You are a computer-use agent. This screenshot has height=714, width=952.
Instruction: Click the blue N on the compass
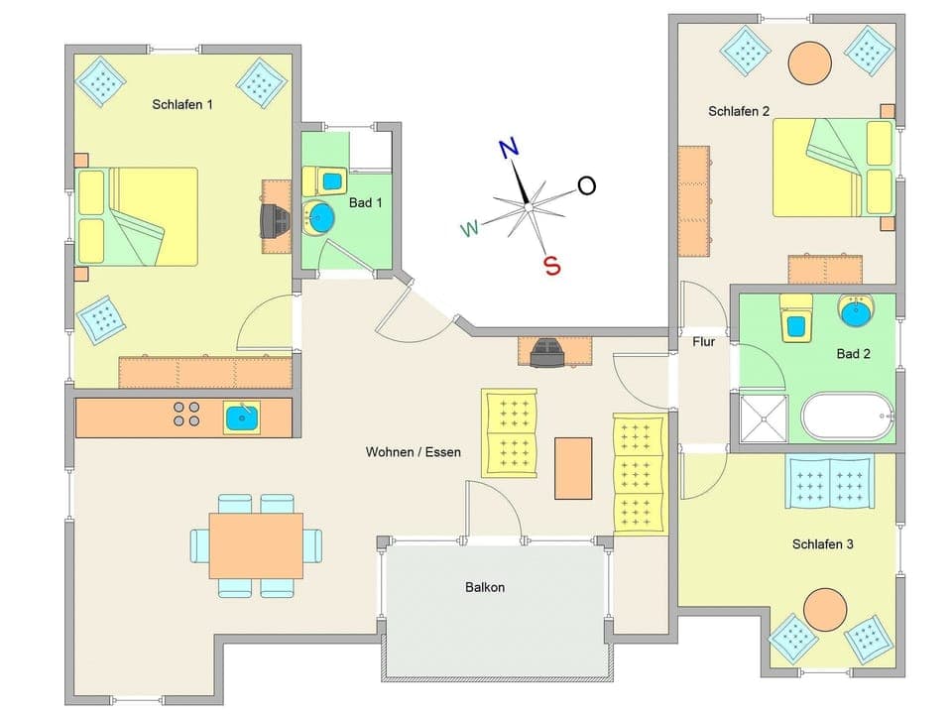tap(509, 149)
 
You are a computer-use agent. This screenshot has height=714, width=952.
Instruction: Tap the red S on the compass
tap(552, 266)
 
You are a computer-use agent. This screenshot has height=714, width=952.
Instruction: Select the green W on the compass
tap(470, 230)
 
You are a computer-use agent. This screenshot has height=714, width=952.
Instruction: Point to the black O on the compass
tap(587, 185)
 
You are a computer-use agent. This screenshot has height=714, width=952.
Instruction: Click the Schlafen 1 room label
tap(182, 104)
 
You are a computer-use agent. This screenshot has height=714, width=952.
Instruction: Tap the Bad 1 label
tap(366, 202)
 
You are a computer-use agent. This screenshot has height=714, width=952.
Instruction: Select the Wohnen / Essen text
tap(414, 452)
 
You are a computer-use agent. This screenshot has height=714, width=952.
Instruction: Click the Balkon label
tap(485, 587)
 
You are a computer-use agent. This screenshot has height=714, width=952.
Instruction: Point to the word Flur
tap(704, 341)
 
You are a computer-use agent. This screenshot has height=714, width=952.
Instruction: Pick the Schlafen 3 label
tap(823, 544)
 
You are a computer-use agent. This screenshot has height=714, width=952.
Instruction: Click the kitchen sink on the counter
tap(242, 417)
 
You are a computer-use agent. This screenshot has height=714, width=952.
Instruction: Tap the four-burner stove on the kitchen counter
tap(185, 414)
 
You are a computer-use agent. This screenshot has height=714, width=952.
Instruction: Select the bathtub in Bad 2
tap(847, 417)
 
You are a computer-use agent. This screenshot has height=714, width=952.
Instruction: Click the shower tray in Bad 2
tap(764, 417)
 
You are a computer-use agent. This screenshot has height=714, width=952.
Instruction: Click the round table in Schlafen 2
tap(809, 61)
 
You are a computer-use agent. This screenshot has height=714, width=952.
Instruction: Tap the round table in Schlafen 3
tap(824, 610)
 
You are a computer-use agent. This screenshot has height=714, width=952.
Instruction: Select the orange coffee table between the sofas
tap(573, 468)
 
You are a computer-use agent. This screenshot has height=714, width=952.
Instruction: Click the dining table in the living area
tap(256, 545)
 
